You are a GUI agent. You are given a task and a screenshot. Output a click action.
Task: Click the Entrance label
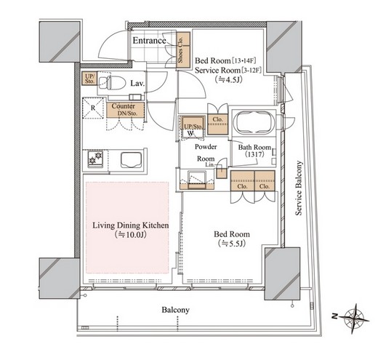(x=149, y=41)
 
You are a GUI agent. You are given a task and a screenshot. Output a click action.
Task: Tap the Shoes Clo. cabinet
(x=183, y=49)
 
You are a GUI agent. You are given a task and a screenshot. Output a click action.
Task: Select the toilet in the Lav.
(x=112, y=82)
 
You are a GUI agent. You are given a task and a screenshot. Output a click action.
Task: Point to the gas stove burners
(x=95, y=158)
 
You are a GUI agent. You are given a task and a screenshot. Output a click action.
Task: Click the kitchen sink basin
(x=132, y=160)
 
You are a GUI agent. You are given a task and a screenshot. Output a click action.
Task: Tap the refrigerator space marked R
(x=93, y=108)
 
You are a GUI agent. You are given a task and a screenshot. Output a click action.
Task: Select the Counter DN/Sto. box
(x=125, y=110)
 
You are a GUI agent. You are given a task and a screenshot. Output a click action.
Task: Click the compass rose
(x=355, y=318)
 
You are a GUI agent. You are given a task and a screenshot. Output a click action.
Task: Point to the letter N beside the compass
(x=335, y=316)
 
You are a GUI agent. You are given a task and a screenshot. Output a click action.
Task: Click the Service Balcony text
(x=299, y=188)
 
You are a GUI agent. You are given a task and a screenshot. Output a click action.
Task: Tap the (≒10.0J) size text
(x=131, y=235)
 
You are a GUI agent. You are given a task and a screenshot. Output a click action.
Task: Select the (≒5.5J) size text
(x=232, y=243)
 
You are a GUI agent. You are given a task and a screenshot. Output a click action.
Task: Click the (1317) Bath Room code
(x=254, y=154)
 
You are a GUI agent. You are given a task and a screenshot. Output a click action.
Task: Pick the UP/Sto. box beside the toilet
(x=89, y=79)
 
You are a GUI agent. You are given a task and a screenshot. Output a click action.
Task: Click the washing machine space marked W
(x=191, y=133)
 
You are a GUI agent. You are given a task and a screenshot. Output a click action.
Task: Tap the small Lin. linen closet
(x=221, y=173)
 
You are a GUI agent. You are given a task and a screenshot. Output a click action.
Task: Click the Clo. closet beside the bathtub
(x=217, y=124)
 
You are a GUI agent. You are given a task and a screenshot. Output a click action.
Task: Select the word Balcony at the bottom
(x=176, y=310)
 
